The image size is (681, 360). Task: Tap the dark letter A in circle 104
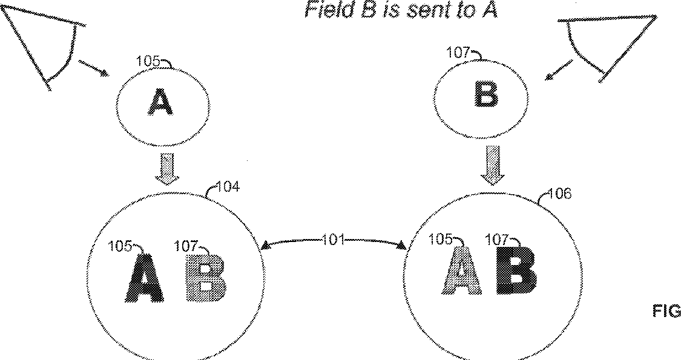[145, 278]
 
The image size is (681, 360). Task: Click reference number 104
[228, 187]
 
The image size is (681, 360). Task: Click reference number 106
[559, 194]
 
